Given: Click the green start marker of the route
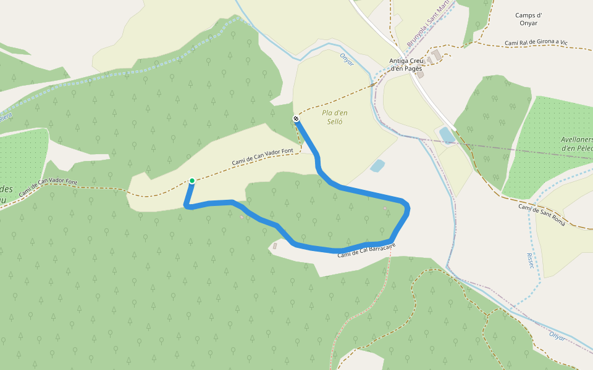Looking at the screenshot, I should (x=192, y=181).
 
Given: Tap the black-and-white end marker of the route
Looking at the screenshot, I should (x=296, y=118).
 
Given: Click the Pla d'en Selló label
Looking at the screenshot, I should (x=335, y=117).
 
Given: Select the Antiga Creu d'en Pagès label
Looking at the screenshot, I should (x=405, y=64).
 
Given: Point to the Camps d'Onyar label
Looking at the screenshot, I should (x=528, y=18).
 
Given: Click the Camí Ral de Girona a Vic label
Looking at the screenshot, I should (x=536, y=43).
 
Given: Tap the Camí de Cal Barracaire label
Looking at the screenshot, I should (x=366, y=249).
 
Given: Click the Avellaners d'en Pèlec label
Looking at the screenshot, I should (x=576, y=144).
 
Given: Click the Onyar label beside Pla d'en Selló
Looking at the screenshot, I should (x=347, y=60).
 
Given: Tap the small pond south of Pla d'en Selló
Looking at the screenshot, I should (x=377, y=165).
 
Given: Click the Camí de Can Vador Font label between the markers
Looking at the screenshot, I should (x=263, y=157).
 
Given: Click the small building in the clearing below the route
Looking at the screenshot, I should (x=275, y=246).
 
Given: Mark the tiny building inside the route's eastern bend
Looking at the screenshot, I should (x=385, y=208).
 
